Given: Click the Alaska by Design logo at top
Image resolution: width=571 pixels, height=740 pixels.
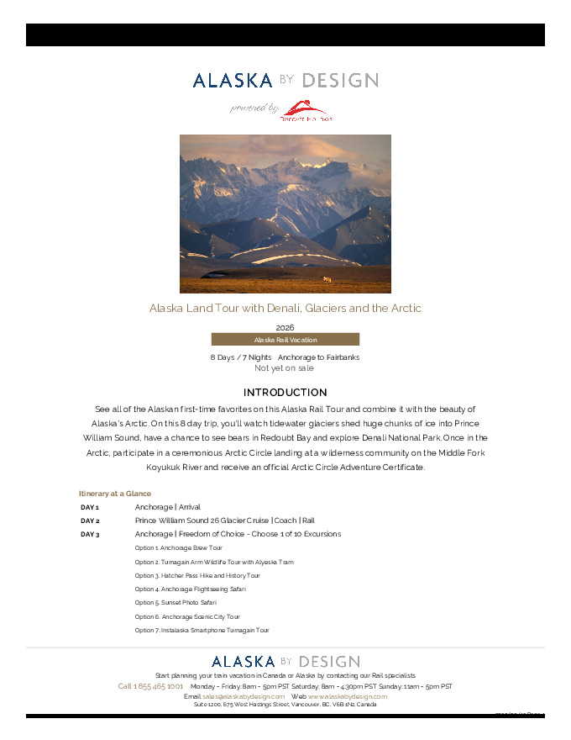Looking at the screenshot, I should click(x=285, y=81).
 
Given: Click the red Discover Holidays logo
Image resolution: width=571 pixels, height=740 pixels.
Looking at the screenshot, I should click(x=306, y=111).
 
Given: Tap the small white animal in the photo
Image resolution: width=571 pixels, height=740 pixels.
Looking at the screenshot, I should click(x=327, y=279).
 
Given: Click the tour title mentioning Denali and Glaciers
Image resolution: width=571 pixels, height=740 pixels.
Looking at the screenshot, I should click(x=285, y=309).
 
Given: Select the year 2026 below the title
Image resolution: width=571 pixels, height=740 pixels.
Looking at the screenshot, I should click(x=285, y=327).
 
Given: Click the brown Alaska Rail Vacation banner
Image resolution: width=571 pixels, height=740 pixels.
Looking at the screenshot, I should click(x=285, y=340).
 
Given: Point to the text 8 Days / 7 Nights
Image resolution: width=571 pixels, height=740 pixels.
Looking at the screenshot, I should click(x=241, y=357).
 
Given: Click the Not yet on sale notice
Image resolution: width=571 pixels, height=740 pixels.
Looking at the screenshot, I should click(x=285, y=368).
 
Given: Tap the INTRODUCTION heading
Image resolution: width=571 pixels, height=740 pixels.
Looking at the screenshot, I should click(x=285, y=393).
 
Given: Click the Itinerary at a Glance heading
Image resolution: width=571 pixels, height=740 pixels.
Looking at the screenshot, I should click(x=115, y=494).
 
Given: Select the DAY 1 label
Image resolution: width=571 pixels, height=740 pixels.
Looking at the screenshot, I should click(x=90, y=508).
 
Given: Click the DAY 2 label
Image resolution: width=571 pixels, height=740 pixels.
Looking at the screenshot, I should click(x=90, y=521).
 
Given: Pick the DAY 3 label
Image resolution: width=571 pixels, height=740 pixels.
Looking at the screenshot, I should click(x=90, y=535).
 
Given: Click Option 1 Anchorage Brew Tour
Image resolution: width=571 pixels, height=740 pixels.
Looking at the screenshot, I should click(x=179, y=548).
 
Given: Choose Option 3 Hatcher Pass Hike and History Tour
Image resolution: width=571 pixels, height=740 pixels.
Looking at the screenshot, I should click(x=197, y=576).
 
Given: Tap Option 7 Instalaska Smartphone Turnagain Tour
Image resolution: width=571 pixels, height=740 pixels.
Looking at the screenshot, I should click(x=202, y=630).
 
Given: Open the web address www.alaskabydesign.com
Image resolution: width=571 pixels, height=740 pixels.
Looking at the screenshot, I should click(x=348, y=696).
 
